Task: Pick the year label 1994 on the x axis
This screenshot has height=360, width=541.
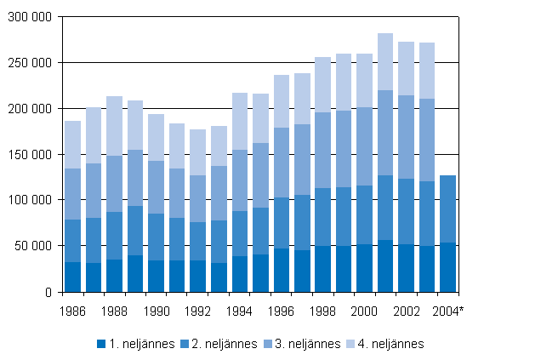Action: (x=240, y=311)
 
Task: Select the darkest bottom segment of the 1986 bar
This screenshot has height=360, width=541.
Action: (x=73, y=277)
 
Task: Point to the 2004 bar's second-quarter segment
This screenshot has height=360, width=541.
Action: (x=447, y=209)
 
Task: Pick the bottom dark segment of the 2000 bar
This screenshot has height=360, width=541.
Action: (x=365, y=268)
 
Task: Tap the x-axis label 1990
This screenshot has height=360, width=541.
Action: (x=157, y=311)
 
